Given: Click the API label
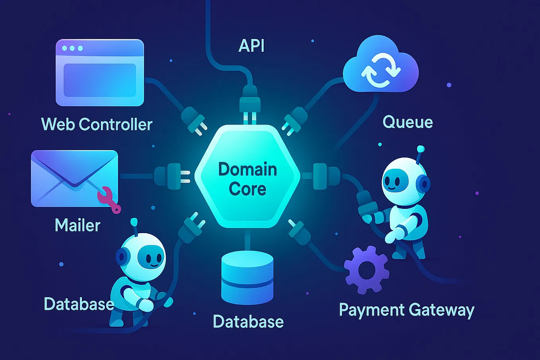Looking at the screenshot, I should coord(251,45).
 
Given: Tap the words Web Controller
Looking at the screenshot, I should coord(97,124).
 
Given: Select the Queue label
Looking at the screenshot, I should coord(408,122).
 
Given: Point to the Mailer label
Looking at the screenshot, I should coord(78,225).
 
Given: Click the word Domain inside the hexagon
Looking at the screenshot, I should coord(247,169).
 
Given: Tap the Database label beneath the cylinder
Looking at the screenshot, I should coord(248,321).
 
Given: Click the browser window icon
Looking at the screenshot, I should coord(99,72).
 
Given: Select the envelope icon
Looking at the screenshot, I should coord(74,178).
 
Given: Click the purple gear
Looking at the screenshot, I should coord(366,270).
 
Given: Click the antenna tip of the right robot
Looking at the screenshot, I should coord(420,150).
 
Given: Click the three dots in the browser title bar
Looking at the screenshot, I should coord(72,48).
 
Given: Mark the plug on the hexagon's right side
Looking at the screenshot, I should coord(324,176).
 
